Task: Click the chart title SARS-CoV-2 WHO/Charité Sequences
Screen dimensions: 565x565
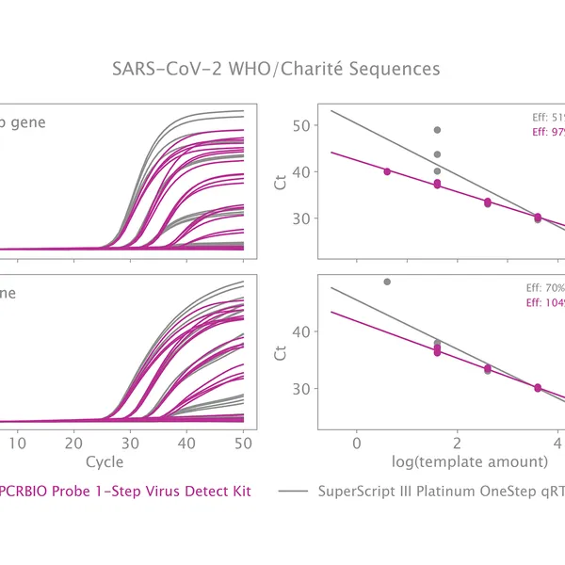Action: coord(275,69)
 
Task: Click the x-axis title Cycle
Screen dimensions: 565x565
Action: coord(104,461)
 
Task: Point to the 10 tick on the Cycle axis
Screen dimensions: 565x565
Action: coord(19,441)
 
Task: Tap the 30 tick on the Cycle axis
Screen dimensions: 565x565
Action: coord(131,441)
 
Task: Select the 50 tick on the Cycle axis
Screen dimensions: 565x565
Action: coord(243,441)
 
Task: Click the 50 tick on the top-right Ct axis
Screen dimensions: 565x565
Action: coord(302,126)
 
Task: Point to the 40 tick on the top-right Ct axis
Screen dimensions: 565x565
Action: coord(302,172)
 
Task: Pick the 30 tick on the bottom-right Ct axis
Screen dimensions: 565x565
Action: coord(302,388)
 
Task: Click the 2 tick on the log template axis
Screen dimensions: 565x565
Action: coord(457,441)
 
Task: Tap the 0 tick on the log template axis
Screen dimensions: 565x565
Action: coord(356,441)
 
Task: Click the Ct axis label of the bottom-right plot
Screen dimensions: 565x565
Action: coord(280,353)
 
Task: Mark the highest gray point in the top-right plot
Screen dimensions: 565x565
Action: coord(437,130)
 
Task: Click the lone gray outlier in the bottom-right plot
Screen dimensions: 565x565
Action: coord(387,282)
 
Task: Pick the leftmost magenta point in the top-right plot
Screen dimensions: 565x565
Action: coord(387,171)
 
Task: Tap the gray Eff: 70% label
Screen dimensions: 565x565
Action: coord(544,288)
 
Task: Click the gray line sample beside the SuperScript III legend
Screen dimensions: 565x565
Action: coord(294,492)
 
